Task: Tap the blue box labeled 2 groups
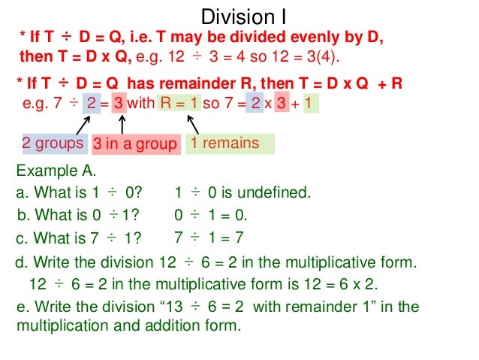[x=52, y=143]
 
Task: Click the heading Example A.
[x=56, y=170]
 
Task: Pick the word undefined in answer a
[x=278, y=192]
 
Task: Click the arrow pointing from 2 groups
[x=80, y=123]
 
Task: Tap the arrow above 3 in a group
[x=120, y=123]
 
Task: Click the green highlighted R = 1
[x=179, y=103]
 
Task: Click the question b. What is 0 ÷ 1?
[x=78, y=216]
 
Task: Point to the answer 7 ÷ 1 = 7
[x=209, y=238]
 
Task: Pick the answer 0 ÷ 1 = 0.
[x=210, y=216]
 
